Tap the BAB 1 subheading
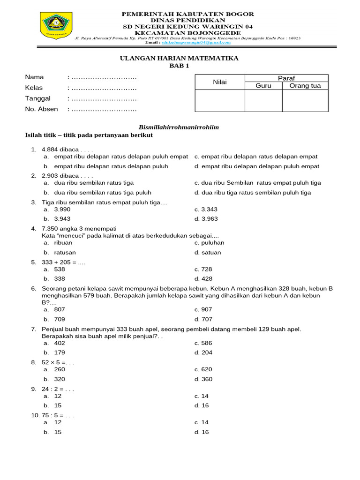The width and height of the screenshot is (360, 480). coord(179,66)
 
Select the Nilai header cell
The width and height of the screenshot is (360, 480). coord(220,82)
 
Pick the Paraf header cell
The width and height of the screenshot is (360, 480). coord(286,78)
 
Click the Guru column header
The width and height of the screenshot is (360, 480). coord(263,86)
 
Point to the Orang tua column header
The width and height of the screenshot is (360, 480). coord(305,86)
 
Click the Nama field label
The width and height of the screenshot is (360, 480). coord(34,77)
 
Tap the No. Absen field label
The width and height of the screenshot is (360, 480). coord(41,109)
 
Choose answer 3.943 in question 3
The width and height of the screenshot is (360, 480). coord(62,219)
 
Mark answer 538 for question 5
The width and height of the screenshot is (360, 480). coord(60,270)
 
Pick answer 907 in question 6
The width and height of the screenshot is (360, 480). coord(207,309)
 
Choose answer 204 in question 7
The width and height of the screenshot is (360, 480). coord(207,352)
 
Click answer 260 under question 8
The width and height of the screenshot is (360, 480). coord(60,369)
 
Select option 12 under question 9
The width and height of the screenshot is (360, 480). coord(58,396)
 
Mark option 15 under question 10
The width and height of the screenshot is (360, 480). coord(58,432)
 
